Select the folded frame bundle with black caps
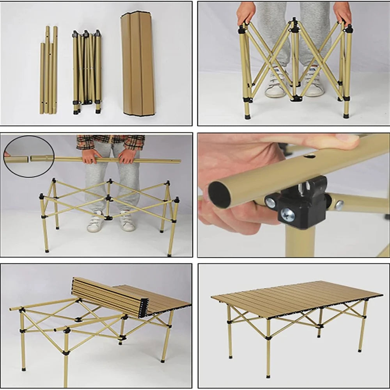pos(86,72)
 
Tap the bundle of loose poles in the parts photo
pos(48,70)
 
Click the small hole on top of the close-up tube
pos(310,156)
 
